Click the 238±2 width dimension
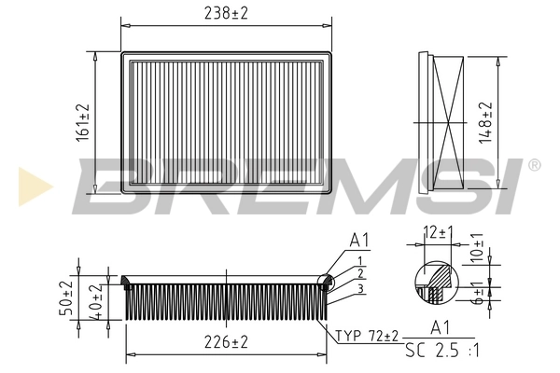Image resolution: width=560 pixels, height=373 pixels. tap(228, 13)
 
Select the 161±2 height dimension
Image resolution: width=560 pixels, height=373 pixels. tap(83, 121)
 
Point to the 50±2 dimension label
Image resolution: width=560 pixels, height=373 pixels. tap(66, 298)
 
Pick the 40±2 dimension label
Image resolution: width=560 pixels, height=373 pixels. tap(93, 300)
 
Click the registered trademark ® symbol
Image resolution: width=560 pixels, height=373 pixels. tap(534, 165)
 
